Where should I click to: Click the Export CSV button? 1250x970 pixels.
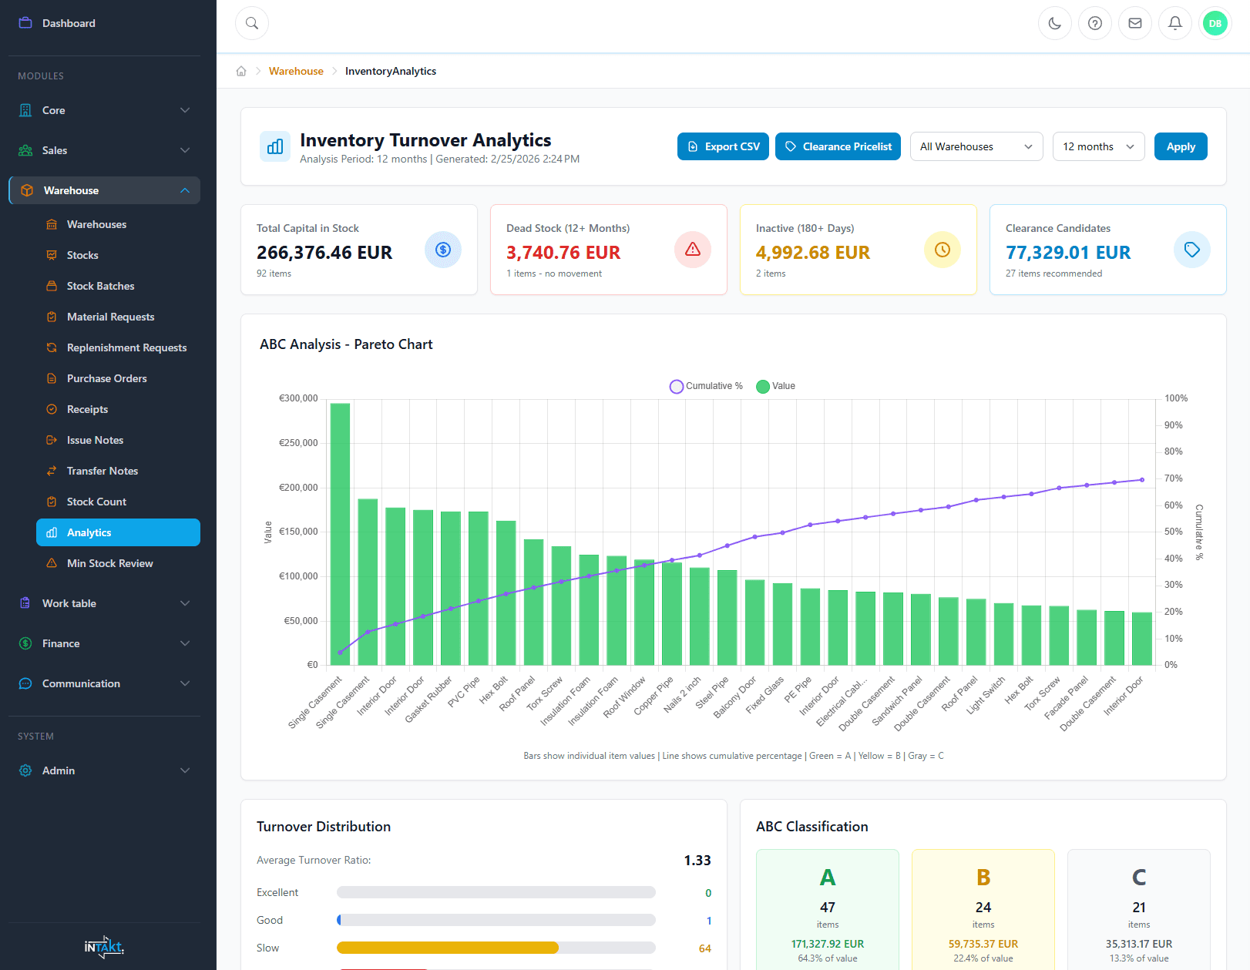[x=722, y=146]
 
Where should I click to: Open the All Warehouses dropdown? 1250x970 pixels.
[x=976, y=146]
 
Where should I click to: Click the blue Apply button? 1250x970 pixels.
[x=1180, y=146]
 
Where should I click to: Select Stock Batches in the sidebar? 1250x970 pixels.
[x=100, y=286]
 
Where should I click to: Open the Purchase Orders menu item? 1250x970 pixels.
[x=106, y=378]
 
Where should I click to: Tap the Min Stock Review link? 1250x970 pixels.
[x=109, y=563]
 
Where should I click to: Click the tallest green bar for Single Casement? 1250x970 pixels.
[x=340, y=532]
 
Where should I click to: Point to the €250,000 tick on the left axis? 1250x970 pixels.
[x=298, y=443]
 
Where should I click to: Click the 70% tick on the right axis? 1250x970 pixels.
[x=1173, y=478]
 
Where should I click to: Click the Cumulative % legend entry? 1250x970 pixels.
[x=707, y=386]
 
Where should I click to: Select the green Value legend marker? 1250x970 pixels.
[x=763, y=386]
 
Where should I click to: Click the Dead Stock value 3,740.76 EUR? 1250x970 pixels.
[x=563, y=253]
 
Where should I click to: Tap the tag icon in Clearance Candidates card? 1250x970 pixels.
[x=1191, y=250]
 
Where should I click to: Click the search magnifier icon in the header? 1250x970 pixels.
[x=252, y=23]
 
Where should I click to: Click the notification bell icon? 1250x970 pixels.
[x=1174, y=23]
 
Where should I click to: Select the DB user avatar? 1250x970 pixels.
[x=1215, y=23]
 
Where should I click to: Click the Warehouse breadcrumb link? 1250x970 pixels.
[x=296, y=71]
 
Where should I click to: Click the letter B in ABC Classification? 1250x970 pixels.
[x=983, y=878]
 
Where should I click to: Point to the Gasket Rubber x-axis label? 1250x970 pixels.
[x=429, y=700]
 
